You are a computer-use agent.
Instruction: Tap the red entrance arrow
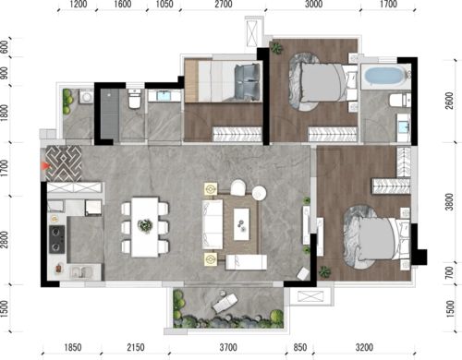(x=45, y=166)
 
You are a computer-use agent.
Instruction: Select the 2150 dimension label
(x=136, y=347)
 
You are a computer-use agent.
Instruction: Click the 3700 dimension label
(x=228, y=347)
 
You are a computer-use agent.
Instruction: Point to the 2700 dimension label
(x=224, y=5)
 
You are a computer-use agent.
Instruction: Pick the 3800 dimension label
(x=450, y=201)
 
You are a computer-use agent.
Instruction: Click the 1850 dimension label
(x=73, y=347)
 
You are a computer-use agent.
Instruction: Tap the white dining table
(x=145, y=227)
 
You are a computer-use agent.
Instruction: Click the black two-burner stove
(x=57, y=239)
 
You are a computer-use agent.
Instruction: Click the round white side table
(x=260, y=193)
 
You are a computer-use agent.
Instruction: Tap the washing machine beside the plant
(x=87, y=97)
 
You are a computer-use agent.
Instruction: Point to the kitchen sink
(x=81, y=272)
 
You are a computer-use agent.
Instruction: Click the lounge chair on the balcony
(x=225, y=302)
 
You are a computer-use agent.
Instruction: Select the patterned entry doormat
(x=64, y=163)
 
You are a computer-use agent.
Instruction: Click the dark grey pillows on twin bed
(x=247, y=82)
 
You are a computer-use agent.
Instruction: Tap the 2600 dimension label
(x=450, y=101)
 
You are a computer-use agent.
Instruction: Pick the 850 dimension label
(x=299, y=347)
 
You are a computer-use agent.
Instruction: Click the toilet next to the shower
(x=135, y=99)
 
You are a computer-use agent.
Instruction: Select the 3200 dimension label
(x=364, y=347)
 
